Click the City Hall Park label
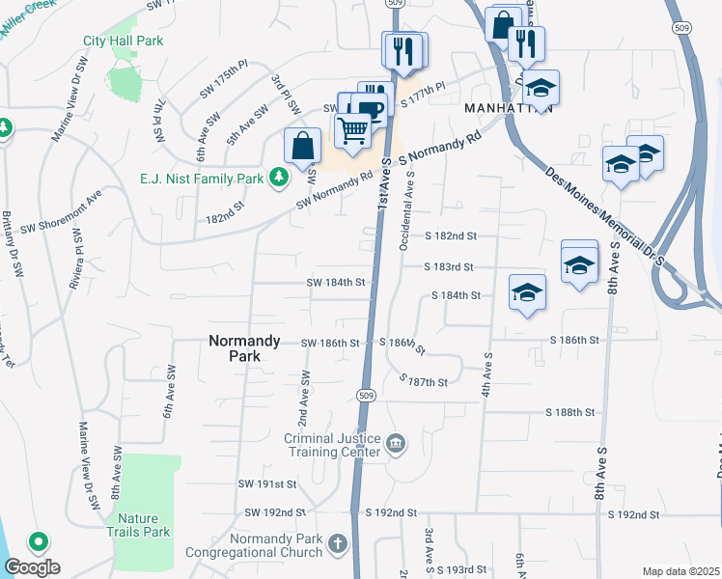[x=123, y=41]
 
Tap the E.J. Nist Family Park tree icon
[x=279, y=177]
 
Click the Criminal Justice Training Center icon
[x=396, y=444]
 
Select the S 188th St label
[x=569, y=412]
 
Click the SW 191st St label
[x=268, y=483]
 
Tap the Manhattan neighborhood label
[x=508, y=108]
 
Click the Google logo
[x=32, y=567]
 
